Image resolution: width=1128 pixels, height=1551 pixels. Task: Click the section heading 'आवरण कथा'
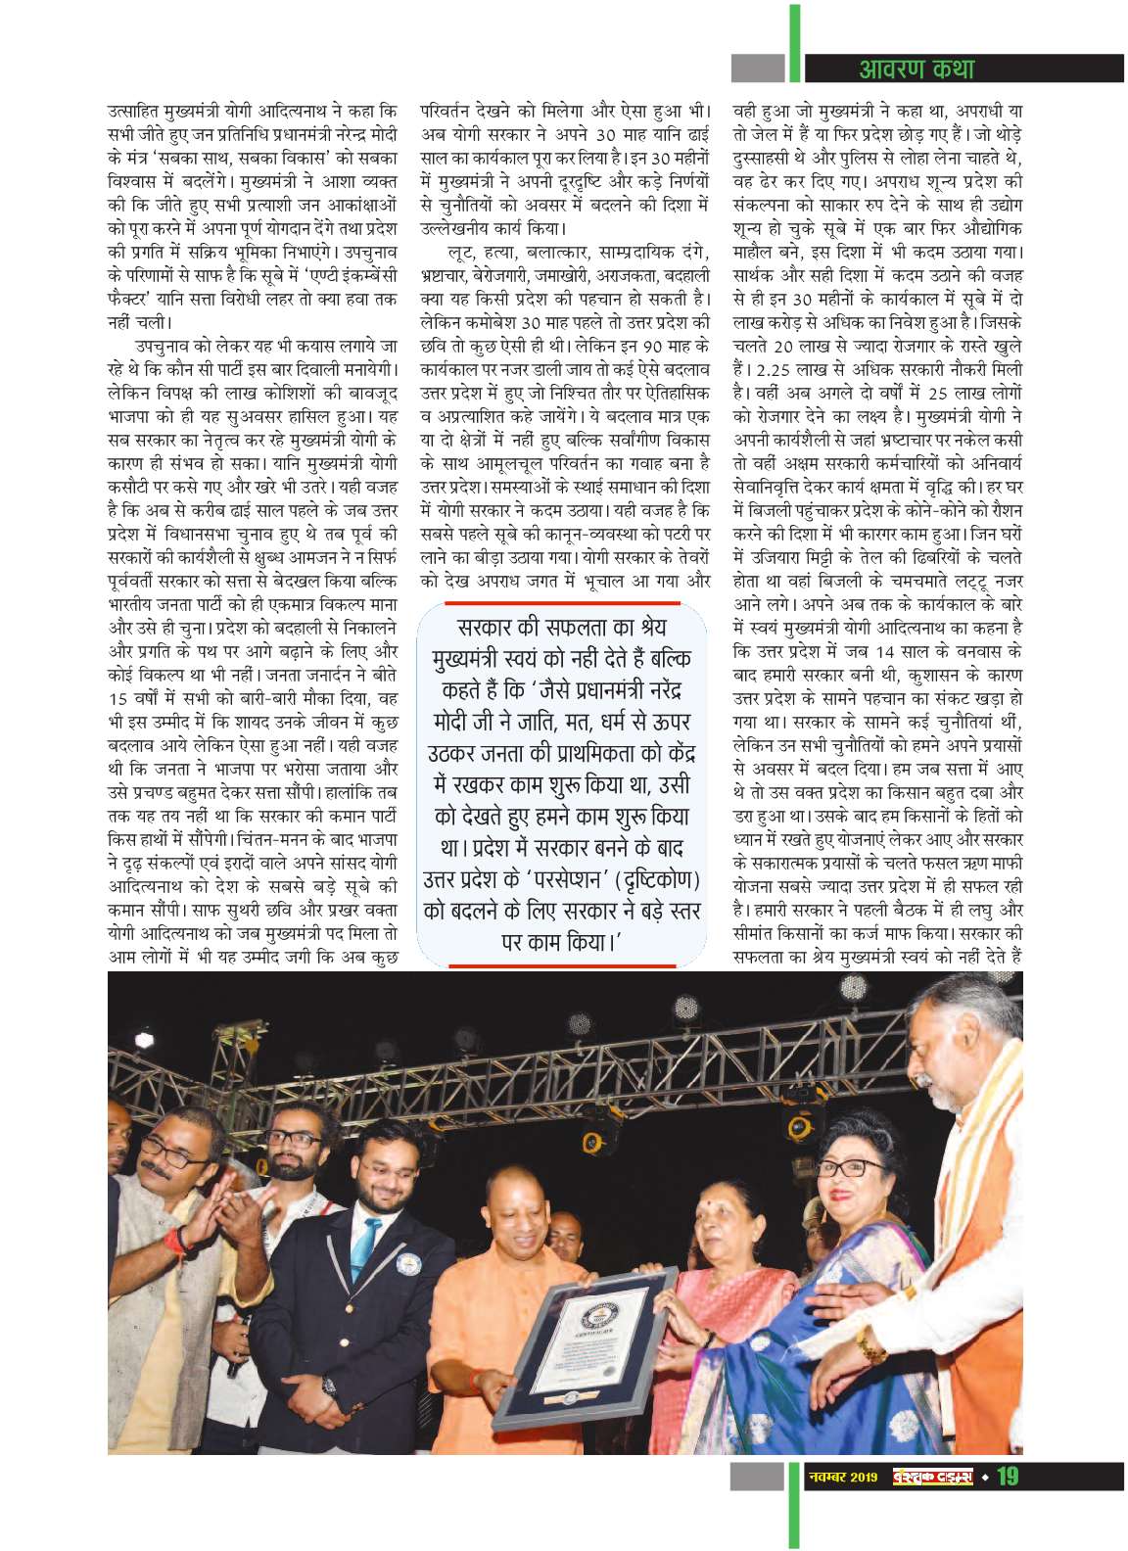pyautogui.click(x=916, y=68)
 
